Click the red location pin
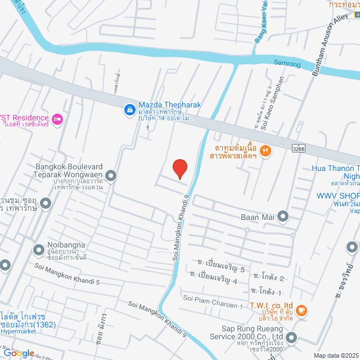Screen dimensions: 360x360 (179, 169)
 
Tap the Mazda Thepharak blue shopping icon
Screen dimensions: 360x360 (129, 109)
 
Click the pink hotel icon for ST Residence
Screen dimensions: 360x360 (57, 119)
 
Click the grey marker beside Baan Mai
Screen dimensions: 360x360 (283, 216)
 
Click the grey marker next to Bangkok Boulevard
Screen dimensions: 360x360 (111, 176)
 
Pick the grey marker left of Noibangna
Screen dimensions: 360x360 (39, 249)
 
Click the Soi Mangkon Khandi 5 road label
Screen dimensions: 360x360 (67, 273)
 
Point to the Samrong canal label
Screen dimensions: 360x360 (287, 62)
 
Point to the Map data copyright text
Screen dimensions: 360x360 (335, 355)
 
